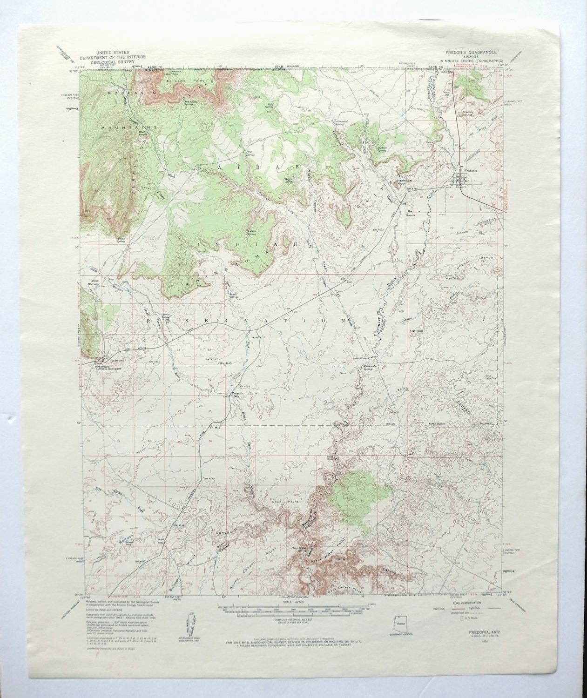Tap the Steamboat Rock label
pyautogui.click(x=403, y=182)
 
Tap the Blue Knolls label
pyautogui.click(x=142, y=134)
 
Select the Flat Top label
pyautogui.click(x=415, y=331)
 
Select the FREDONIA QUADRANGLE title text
pyautogui.click(x=471, y=53)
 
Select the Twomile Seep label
pyautogui.click(x=232, y=396)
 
